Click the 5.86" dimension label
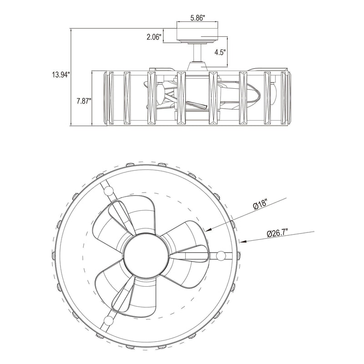[x=197, y=18]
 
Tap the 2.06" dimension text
[x=154, y=37]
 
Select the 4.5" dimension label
[x=220, y=52]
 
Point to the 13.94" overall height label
[x=61, y=75]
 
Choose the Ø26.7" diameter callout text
[x=278, y=233]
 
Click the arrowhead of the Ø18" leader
[x=208, y=229]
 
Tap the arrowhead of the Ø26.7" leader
[x=243, y=242]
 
